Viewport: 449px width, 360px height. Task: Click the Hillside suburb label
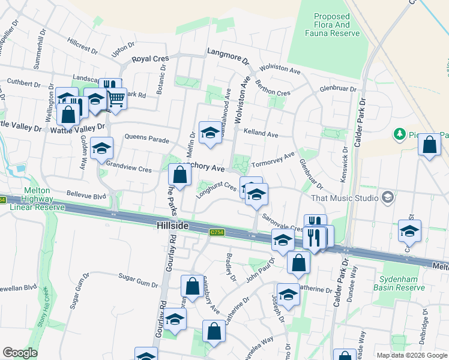[173, 226]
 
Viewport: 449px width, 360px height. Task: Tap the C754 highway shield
[217, 232]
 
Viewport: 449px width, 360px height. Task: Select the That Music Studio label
[345, 198]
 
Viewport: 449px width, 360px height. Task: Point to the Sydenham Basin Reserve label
[402, 284]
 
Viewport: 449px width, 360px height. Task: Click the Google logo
[20, 353]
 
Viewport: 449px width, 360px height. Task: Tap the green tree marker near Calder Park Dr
[399, 133]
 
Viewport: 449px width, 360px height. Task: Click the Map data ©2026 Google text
[411, 355]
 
